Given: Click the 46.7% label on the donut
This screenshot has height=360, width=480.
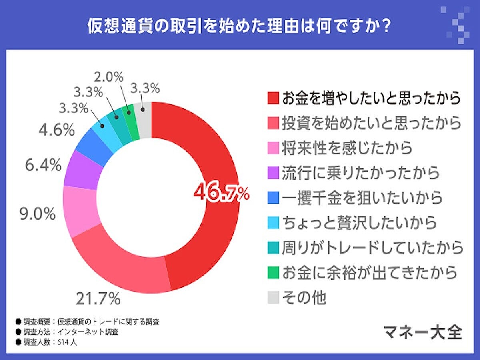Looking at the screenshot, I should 221,194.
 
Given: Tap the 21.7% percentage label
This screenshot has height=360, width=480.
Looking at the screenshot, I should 98,298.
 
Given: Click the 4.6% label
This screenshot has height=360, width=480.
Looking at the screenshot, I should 57,130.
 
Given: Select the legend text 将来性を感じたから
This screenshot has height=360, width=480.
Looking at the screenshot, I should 346,148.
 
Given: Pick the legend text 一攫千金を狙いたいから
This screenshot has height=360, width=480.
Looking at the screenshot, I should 362,198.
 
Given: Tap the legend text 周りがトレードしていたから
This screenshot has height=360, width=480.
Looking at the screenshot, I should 372,248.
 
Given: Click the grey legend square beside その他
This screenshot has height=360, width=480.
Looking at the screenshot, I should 272,298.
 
